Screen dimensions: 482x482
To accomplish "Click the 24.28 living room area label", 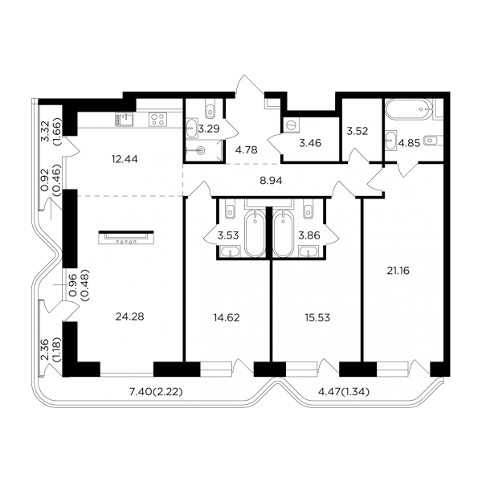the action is pos(129,317).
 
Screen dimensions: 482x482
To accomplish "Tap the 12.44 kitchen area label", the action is pos(125,159).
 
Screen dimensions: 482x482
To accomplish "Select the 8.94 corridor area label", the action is pos(271,181).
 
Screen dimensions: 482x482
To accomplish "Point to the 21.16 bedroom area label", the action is pos(398,271).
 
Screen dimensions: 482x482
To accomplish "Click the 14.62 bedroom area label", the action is pos(227,317).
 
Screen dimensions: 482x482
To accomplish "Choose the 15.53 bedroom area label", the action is pos(317,317).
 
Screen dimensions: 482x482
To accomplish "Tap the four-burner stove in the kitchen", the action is pos(158,119).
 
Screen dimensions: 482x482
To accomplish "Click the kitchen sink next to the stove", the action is pos(125,119).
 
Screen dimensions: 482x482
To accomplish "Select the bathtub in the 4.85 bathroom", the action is pos(409,108).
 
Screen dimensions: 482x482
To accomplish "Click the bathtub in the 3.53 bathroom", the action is pos(255,233).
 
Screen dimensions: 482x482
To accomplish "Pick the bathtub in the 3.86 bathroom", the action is pos(284,233).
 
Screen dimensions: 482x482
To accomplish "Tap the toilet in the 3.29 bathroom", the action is pos(210,109).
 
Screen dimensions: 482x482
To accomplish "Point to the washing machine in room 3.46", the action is pos(291,126).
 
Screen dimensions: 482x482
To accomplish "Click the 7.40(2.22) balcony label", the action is pos(156,392).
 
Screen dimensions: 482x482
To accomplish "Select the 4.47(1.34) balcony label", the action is pos(343,392).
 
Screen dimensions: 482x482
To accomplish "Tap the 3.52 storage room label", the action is pos(357,131).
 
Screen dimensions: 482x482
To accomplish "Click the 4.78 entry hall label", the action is pos(246,150).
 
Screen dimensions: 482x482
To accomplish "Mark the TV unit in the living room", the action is pos(126,237).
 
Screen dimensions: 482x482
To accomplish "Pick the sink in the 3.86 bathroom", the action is pos(308,251).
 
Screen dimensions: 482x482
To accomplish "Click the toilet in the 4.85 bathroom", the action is pos(434,141).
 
